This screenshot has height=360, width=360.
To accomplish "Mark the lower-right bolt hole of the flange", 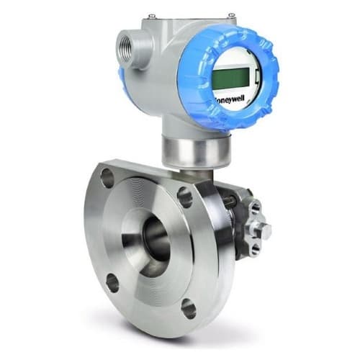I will point(188,307).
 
